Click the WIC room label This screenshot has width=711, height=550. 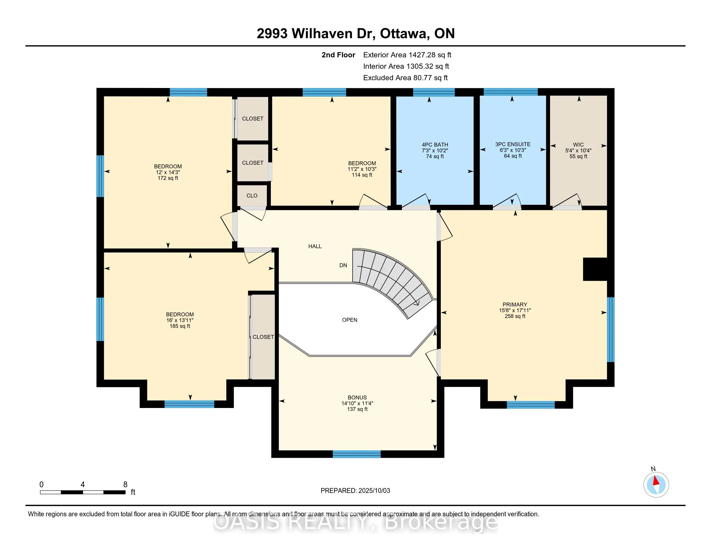coord(578,145)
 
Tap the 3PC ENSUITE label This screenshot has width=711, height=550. coord(513,144)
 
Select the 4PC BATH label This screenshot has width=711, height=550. coord(435,145)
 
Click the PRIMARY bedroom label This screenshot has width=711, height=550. coord(515,305)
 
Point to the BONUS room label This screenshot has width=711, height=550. coord(357,398)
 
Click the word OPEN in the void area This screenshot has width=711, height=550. coord(350,320)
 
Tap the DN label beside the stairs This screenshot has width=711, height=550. coord(343,265)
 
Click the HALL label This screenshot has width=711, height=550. coord(315,246)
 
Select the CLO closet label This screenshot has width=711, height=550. coord(252,195)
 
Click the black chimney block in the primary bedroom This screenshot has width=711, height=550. coord(595,269)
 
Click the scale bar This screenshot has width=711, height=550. coord(83,492)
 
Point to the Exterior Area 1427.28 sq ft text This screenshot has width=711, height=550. coord(407,55)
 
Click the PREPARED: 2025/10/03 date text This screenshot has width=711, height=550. coord(355,491)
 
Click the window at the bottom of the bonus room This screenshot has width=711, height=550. coord(356,454)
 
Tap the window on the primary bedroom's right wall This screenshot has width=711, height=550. coord(611,329)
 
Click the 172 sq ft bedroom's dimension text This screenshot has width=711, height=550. coord(168,172)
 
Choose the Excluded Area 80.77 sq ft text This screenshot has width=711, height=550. coord(406,78)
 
